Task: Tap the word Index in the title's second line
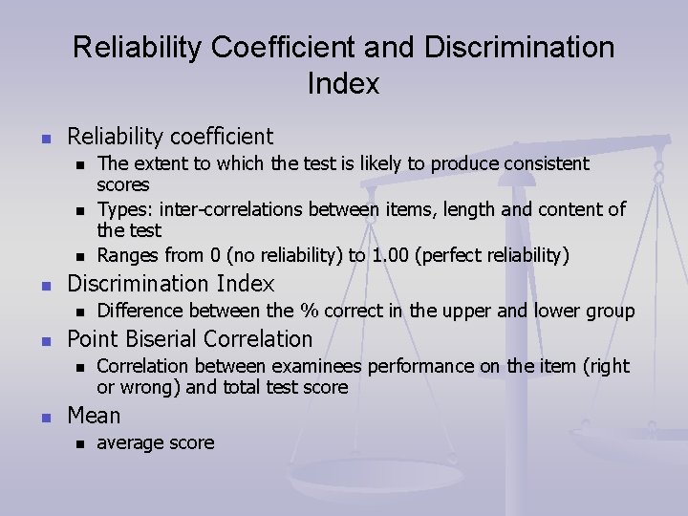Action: tap(343, 84)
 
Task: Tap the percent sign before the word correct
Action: tap(309, 311)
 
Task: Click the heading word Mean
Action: tap(94, 416)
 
